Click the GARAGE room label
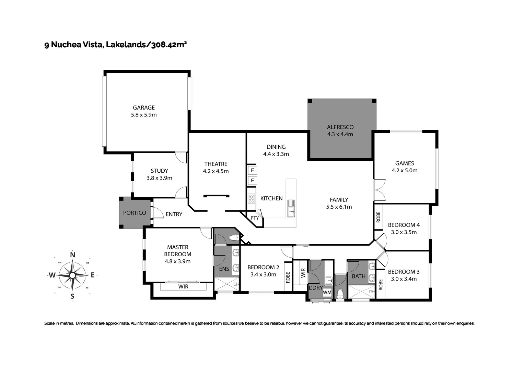[x=144, y=108]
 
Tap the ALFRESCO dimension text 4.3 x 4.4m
[x=340, y=134]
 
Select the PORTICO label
[x=135, y=213]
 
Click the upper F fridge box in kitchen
[x=252, y=170]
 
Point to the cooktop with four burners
[x=252, y=199]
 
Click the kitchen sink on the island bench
[x=291, y=208]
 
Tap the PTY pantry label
[x=255, y=218]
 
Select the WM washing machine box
[x=327, y=292]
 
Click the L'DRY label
[x=315, y=288]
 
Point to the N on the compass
[x=72, y=255]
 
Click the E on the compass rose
[x=93, y=275]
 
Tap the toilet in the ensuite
[x=234, y=237]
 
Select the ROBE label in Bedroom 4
[x=378, y=217]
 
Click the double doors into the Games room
[x=379, y=190]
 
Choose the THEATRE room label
[x=216, y=164]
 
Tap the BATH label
[x=359, y=276]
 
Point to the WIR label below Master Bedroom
[x=183, y=286]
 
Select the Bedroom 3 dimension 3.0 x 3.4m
[x=404, y=279]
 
